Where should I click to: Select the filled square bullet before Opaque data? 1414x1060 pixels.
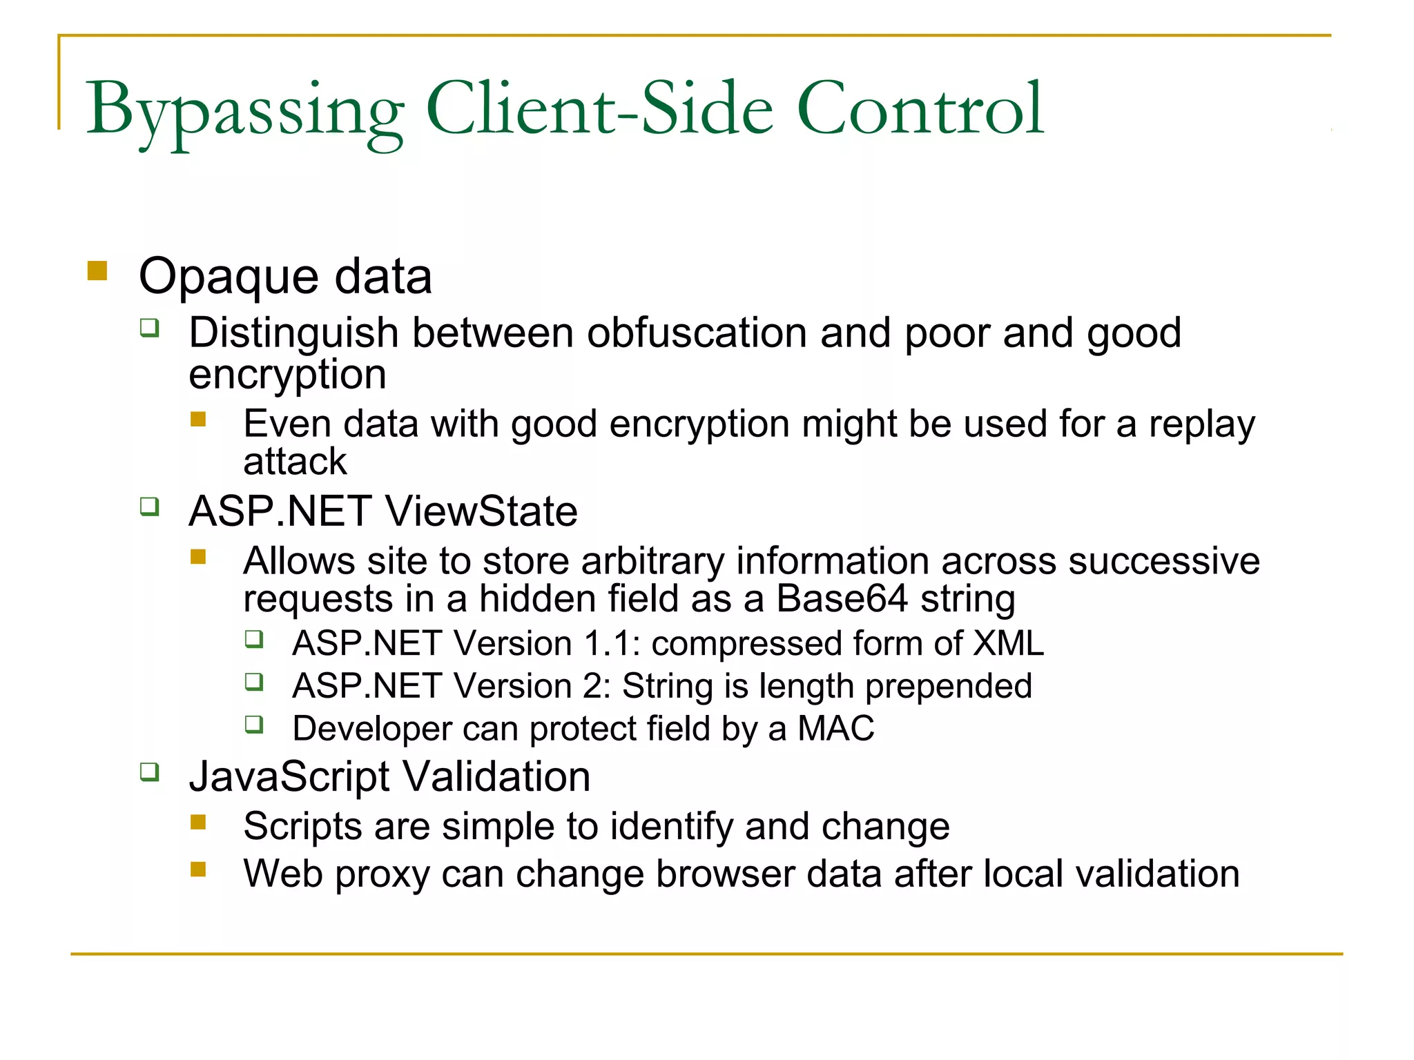click(x=97, y=271)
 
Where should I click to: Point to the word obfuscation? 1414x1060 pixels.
click(x=697, y=333)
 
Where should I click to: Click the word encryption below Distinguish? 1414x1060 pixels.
click(x=287, y=375)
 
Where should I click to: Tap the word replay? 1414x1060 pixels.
click(x=1201, y=424)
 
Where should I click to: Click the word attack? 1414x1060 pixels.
click(x=295, y=462)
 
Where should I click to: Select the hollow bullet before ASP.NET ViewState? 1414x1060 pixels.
click(x=149, y=507)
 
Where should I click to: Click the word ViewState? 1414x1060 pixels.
click(x=481, y=511)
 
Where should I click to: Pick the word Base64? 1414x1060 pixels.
click(x=842, y=598)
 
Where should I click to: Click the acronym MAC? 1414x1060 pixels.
click(x=836, y=729)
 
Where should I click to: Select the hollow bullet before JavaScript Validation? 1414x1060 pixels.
click(x=149, y=772)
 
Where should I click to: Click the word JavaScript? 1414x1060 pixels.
click(x=289, y=777)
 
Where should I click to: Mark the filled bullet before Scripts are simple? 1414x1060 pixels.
click(x=199, y=822)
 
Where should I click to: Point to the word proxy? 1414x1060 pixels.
click(x=382, y=874)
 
